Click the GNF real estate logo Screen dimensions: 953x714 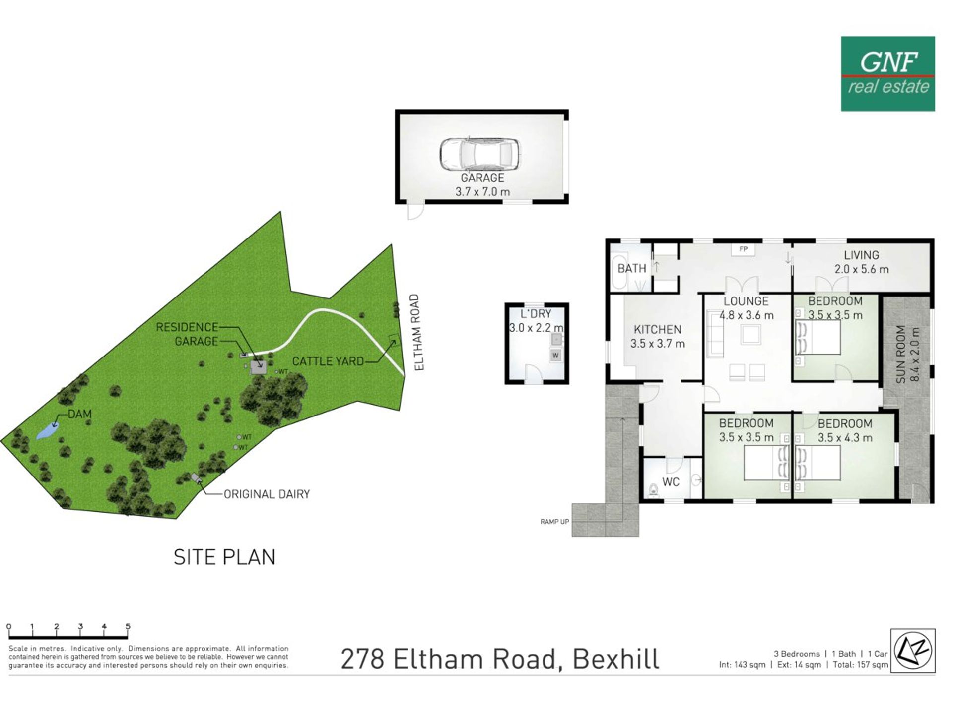pyautogui.click(x=887, y=73)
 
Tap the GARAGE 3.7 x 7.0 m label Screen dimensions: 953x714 pyautogui.click(x=482, y=184)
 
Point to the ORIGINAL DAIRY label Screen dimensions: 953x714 pyautogui.click(x=267, y=494)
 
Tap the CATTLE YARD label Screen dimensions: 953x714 pyautogui.click(x=328, y=361)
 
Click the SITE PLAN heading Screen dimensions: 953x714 pyautogui.click(x=224, y=557)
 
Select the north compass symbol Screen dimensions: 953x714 pyautogui.click(x=913, y=650)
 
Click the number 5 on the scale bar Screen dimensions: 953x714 pyautogui.click(x=128, y=626)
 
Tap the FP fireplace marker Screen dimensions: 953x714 pyautogui.click(x=743, y=249)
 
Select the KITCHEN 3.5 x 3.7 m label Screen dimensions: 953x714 pyautogui.click(x=658, y=336)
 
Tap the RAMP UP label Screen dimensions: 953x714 pyautogui.click(x=554, y=522)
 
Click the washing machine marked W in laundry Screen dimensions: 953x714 pyautogui.click(x=555, y=355)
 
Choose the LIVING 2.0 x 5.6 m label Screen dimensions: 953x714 pyautogui.click(x=861, y=262)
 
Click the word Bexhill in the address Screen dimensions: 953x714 pyautogui.click(x=616, y=659)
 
